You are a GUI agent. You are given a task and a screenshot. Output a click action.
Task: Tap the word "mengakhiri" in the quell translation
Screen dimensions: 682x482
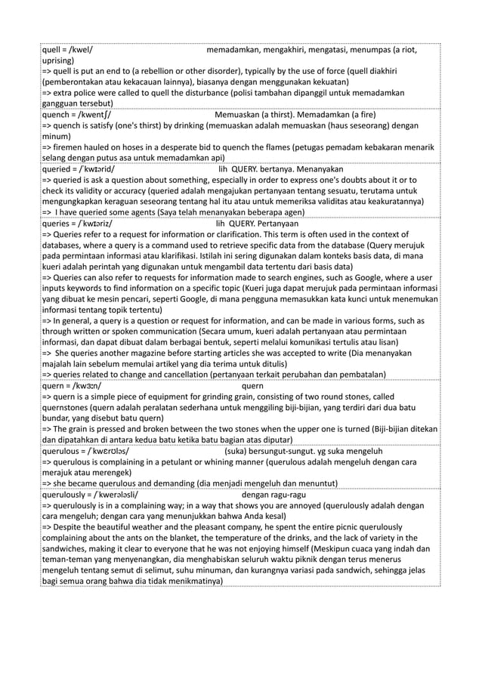[x=288, y=50]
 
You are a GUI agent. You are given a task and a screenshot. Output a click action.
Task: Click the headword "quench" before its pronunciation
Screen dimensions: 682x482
[x=57, y=115]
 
